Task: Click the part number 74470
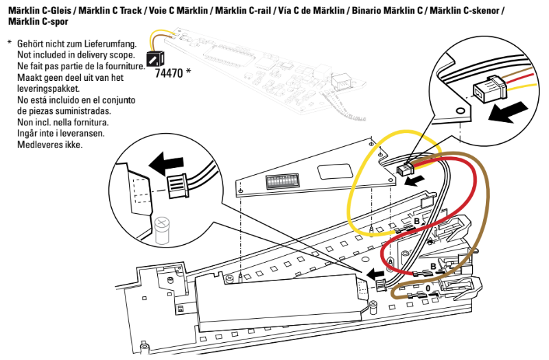[169, 71]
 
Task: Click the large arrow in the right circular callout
[512, 112]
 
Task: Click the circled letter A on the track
[390, 262]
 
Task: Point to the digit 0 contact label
[428, 289]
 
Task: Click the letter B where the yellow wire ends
[415, 222]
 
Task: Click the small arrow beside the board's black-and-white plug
[414, 182]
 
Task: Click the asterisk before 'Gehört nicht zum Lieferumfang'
[10, 43]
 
